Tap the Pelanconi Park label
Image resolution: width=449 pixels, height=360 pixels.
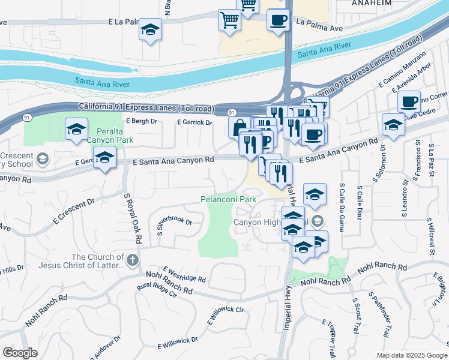pos(228,199)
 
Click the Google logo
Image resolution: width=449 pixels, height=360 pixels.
pos(20,353)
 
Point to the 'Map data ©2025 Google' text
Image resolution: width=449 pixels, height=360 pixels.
pos(412,355)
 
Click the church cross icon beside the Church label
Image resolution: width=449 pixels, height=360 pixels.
pos(133,260)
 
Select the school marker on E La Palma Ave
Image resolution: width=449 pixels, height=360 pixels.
pos(150,29)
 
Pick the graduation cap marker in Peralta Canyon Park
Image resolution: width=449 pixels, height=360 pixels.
pos(76,129)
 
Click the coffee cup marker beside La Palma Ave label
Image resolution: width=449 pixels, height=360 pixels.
pos(277,20)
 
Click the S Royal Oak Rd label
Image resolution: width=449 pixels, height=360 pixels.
pos(133,217)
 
